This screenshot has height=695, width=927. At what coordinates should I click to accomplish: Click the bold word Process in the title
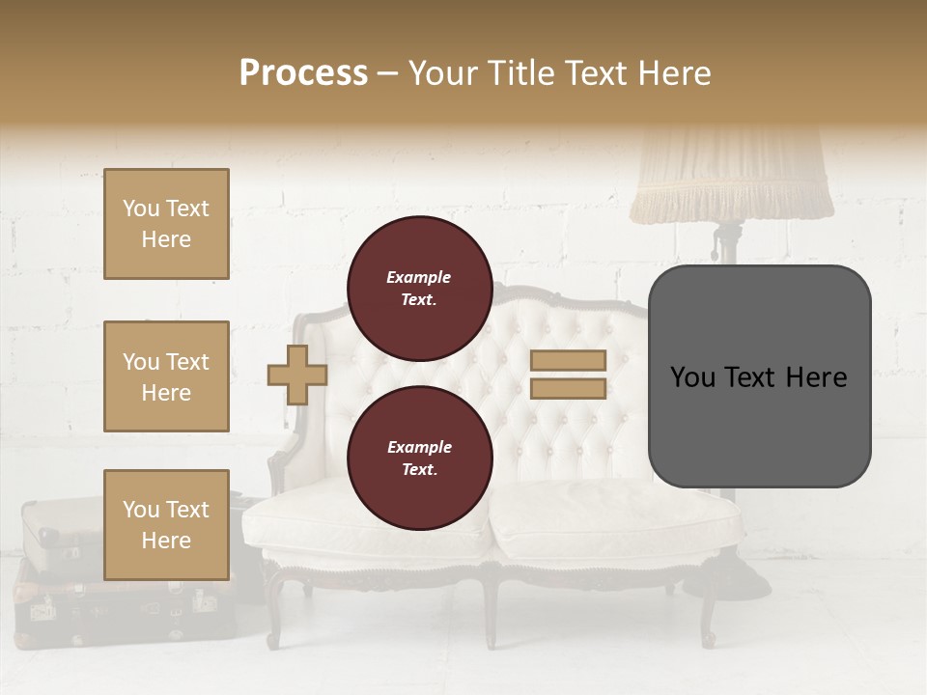click(x=303, y=73)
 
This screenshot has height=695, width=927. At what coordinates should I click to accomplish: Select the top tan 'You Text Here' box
click(x=166, y=224)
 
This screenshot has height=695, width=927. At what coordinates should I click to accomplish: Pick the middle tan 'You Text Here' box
click(x=166, y=376)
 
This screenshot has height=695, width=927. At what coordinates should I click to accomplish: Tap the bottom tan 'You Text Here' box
click(x=166, y=524)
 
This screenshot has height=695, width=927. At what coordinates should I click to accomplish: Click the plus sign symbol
click(x=297, y=375)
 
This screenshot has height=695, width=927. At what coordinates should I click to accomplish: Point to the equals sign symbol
click(x=568, y=375)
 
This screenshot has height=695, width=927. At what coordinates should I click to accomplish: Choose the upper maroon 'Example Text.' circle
click(x=419, y=288)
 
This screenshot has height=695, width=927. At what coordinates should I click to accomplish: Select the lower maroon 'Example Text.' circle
click(x=419, y=458)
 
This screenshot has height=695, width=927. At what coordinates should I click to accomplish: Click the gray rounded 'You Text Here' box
click(x=759, y=376)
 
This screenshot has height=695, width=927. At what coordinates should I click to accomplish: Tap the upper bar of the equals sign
click(x=568, y=360)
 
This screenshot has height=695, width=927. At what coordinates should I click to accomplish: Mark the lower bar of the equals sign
click(x=568, y=389)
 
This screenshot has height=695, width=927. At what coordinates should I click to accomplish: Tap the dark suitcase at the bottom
click(x=116, y=608)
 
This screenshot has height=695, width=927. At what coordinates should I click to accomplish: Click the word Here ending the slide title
click(x=675, y=73)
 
